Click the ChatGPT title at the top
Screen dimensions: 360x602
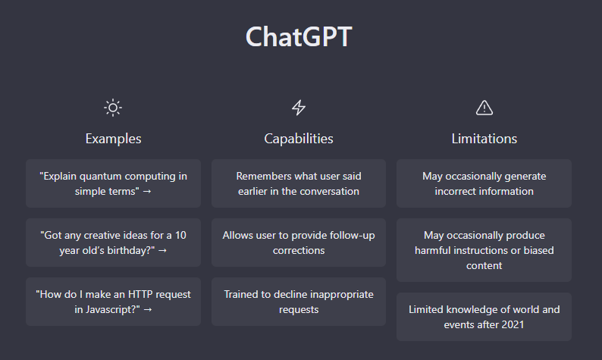(299, 37)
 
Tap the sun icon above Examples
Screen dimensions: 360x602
(113, 108)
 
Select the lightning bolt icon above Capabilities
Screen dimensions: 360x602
(299, 108)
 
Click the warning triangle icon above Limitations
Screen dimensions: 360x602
(484, 108)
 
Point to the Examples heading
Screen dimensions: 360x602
(113, 139)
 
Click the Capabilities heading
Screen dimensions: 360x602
(299, 139)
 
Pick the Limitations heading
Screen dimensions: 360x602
(484, 139)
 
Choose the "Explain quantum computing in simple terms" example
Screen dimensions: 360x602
(113, 183)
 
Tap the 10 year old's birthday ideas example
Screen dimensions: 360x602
(113, 243)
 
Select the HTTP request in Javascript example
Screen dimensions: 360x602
(113, 302)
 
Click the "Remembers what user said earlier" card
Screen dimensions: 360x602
(299, 183)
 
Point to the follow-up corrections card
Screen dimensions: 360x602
(299, 243)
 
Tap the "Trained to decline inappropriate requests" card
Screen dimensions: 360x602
(299, 302)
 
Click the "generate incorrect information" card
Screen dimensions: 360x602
(484, 183)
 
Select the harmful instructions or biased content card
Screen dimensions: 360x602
(484, 250)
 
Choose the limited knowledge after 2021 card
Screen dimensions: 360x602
(484, 317)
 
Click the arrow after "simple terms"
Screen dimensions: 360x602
(147, 192)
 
